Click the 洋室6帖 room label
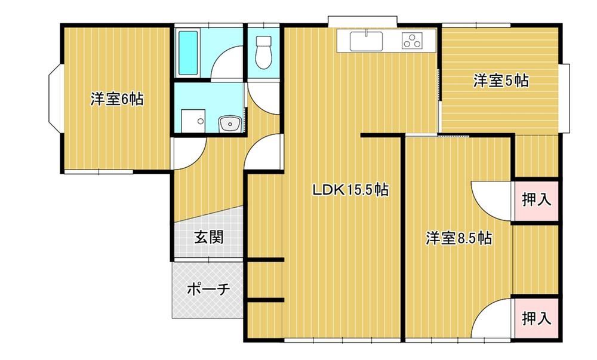pyautogui.click(x=117, y=99)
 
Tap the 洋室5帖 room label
pyautogui.click(x=501, y=81)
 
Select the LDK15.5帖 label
pyautogui.click(x=350, y=189)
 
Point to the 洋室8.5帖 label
pyautogui.click(x=458, y=238)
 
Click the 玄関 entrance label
pyautogui.click(x=209, y=237)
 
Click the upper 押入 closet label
pyautogui.click(x=537, y=199)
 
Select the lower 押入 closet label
pyautogui.click(x=537, y=319)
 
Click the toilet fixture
pyautogui.click(x=263, y=53)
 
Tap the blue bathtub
pyautogui.click(x=188, y=53)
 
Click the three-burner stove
pyautogui.click(x=412, y=41)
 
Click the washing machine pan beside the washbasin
pyautogui.click(x=193, y=121)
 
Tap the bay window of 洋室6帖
pyautogui.click(x=56, y=99)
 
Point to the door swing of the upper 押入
pyautogui.click(x=485, y=207)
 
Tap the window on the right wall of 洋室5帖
pyautogui.click(x=566, y=98)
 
